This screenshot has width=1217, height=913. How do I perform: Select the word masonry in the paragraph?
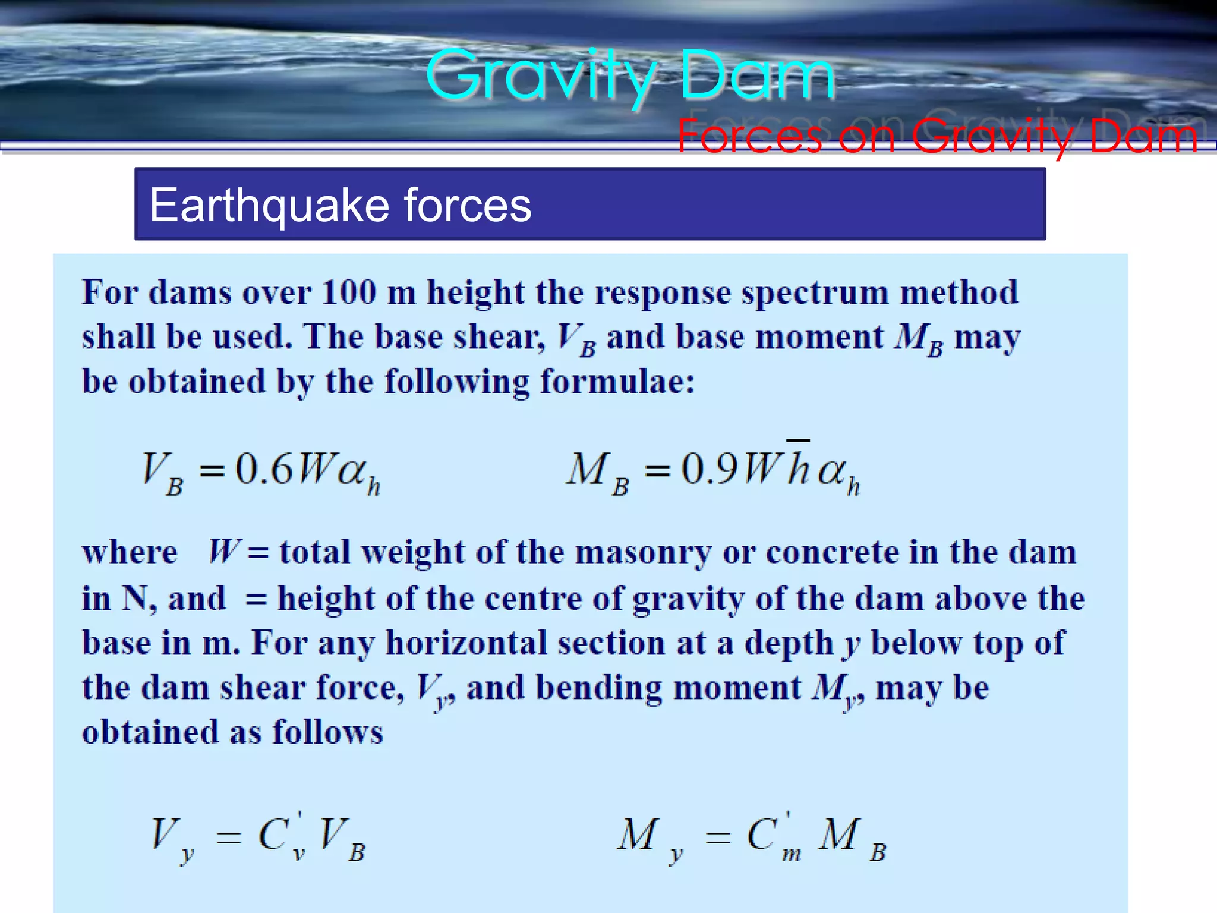coord(642,552)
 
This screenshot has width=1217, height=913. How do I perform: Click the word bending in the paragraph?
coord(598,688)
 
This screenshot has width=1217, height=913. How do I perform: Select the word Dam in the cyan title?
coord(757,76)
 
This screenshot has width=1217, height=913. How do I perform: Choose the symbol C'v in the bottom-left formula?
coord(282,835)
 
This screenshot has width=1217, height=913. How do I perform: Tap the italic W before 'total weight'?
coord(223,551)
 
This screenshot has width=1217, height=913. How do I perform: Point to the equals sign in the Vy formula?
coord(228,838)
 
